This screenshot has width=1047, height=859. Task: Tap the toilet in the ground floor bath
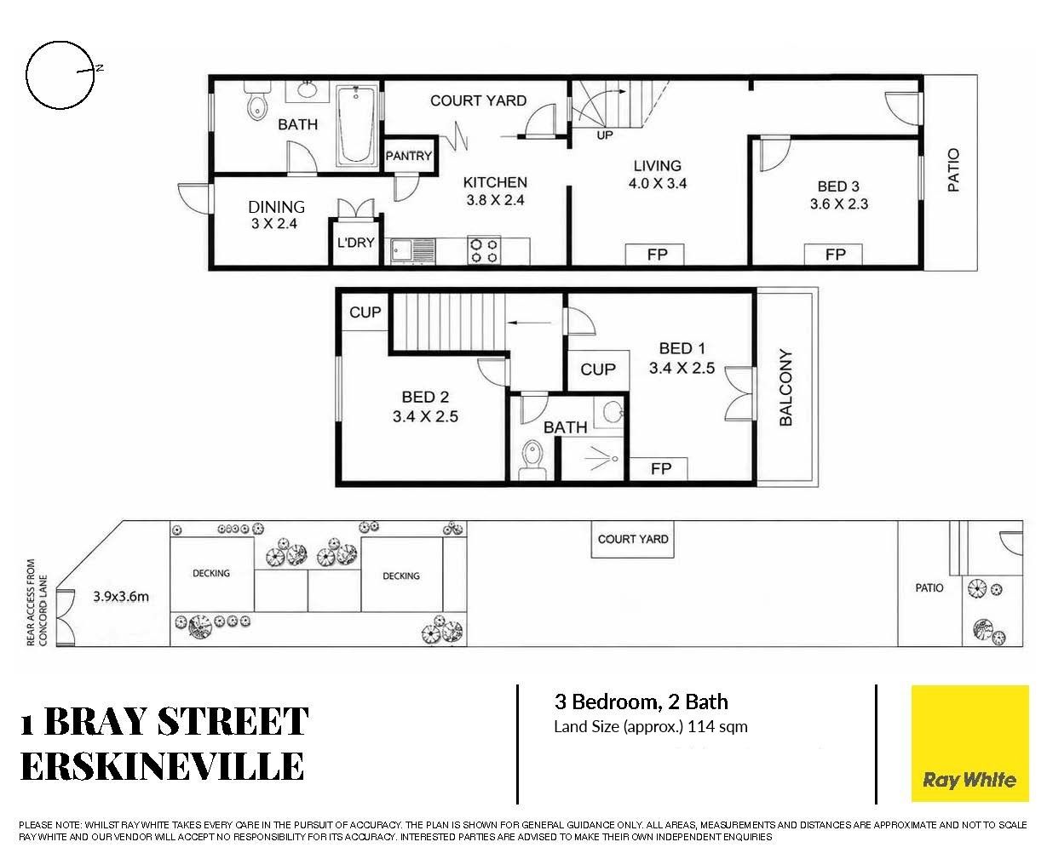pos(256,101)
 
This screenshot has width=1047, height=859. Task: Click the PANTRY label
pos(409,156)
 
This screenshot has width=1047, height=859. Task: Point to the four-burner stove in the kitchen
pos(484,250)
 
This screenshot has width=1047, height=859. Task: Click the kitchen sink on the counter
pos(413,251)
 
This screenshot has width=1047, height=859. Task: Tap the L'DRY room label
pos(355,243)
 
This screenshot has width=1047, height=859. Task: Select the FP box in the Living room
pos(655,255)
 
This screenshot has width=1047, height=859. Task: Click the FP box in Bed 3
pos(833,255)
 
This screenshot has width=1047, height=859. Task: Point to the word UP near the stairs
pos(605,135)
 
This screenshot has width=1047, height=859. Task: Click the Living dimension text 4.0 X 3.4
pos(658,184)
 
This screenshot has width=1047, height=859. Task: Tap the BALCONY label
pos(785,387)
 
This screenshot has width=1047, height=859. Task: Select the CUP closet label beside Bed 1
pos(598,369)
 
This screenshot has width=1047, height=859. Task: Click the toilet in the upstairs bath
pos(533,459)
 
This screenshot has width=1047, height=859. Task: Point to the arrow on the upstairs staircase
pos(529,323)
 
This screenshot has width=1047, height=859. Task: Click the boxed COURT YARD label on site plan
pos(632,540)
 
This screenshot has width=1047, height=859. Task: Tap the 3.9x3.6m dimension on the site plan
pos(121,597)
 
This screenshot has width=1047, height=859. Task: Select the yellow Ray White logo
pos(969,743)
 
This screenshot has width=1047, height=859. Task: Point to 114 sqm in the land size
pos(717,726)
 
